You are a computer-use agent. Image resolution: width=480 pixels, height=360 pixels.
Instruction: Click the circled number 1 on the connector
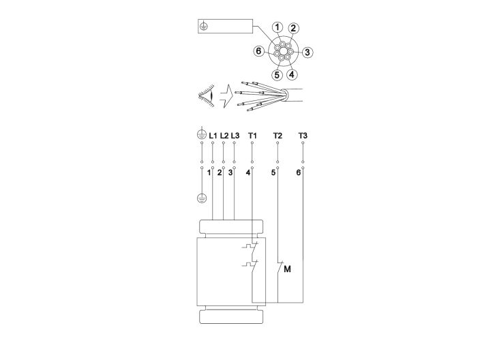tap(277, 27)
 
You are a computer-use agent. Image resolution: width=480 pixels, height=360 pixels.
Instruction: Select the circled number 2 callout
tap(293, 29)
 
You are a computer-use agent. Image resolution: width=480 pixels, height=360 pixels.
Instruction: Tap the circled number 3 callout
tap(307, 51)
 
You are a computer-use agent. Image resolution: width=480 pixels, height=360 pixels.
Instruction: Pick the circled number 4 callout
tap(291, 74)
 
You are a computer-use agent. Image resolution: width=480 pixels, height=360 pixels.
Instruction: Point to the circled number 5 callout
tap(276, 74)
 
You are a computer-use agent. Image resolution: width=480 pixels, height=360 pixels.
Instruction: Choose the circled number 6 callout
tap(258, 51)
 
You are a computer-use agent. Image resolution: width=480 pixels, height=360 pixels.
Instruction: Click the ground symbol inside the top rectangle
tap(203, 27)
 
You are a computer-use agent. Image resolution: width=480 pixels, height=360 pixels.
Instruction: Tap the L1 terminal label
tap(213, 136)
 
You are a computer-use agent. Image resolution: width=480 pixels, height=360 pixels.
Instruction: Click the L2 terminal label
tap(224, 136)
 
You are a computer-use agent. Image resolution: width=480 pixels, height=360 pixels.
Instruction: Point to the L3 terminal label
tap(235, 136)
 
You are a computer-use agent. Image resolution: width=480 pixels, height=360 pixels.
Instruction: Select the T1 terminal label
tap(252, 136)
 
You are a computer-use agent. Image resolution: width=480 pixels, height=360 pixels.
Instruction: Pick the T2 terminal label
tap(277, 136)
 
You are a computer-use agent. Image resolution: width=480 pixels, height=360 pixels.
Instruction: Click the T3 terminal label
tap(303, 136)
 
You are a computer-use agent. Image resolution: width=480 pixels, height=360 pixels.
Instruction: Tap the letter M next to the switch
tap(287, 270)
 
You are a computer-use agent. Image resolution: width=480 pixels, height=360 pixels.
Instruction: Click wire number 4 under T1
tap(247, 173)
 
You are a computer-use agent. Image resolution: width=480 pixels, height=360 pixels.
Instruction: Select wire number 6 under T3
tap(298, 173)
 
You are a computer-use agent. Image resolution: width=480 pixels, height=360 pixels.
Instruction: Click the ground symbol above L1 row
tap(201, 136)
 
